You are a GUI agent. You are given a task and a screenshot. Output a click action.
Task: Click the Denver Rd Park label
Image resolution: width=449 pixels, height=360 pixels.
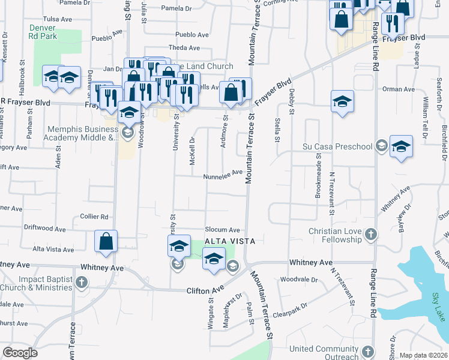tap(43, 31)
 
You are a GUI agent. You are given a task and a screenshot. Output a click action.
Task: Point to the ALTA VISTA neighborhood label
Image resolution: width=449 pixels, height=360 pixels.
tap(231, 241)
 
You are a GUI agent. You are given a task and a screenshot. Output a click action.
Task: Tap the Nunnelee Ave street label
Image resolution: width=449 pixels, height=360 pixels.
tap(222, 172)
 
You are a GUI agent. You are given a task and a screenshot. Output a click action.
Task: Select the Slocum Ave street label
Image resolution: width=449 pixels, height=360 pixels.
tap(222, 230)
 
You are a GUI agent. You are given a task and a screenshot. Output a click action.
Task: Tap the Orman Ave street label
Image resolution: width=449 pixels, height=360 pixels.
tap(399, 89)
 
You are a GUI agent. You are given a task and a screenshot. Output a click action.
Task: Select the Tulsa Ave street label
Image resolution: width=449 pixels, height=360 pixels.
tap(58, 19)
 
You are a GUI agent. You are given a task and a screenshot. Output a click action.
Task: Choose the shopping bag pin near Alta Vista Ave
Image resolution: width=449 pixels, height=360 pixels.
tap(106, 241)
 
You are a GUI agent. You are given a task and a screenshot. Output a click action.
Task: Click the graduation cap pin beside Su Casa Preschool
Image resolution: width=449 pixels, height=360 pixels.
tap(401, 148)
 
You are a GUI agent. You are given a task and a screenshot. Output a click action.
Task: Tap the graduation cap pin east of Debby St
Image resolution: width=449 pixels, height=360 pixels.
tap(342, 101)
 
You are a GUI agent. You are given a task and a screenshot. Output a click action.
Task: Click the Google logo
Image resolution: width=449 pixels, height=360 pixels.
tap(20, 353)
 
